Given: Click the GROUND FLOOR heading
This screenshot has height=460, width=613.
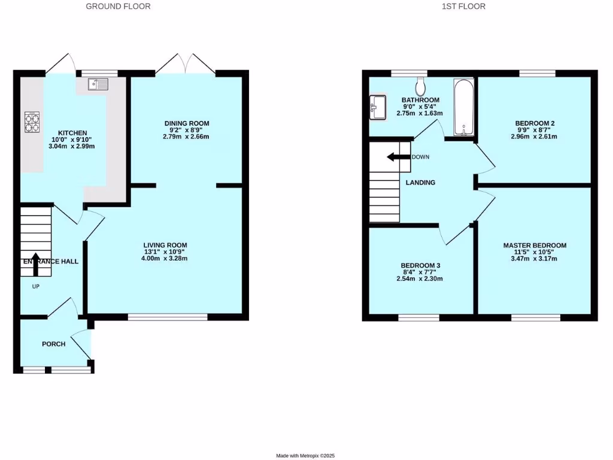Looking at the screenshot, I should click(x=118, y=7).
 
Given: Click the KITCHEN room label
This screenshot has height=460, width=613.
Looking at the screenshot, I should click(x=72, y=133).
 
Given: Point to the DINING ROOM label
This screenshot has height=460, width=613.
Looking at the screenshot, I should click(x=187, y=123).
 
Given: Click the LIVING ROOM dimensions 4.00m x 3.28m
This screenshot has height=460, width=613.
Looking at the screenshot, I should click(x=165, y=259).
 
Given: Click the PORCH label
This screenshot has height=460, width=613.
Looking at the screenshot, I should click(x=53, y=344).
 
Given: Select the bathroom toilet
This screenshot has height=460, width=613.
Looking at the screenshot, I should click(x=420, y=86).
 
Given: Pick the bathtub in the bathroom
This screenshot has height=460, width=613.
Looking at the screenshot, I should click(x=463, y=107).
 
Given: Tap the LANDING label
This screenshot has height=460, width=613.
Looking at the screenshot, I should click(x=420, y=183).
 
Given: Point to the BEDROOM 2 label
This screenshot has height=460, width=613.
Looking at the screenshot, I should click(x=535, y=123).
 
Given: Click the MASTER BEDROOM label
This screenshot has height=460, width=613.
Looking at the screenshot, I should click(x=534, y=246).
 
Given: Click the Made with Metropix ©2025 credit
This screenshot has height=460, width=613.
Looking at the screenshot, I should click(x=309, y=456).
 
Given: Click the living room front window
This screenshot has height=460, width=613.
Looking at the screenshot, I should click(x=168, y=317).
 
